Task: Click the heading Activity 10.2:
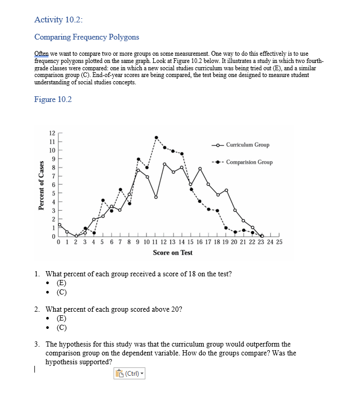pyautogui.click(x=58, y=20)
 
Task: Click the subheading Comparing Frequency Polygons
pyautogui.click(x=86, y=37)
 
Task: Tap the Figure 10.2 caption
pyautogui.click(x=53, y=99)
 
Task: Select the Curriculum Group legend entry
pyautogui.click(x=247, y=145)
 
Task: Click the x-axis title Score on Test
pyautogui.click(x=172, y=252)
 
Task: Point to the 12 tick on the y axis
pyautogui.click(x=52, y=132)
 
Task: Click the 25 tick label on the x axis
pyautogui.click(x=279, y=242)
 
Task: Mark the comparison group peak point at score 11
pyautogui.click(x=156, y=138)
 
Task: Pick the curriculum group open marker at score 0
pyautogui.click(x=59, y=225)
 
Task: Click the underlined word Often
pyautogui.click(x=41, y=54)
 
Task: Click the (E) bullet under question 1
pyautogui.click(x=61, y=283)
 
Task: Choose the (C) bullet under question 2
pyautogui.click(x=61, y=327)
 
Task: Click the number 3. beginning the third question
pyautogui.click(x=38, y=344)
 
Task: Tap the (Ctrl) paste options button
pyautogui.click(x=129, y=373)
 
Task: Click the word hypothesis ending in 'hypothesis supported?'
pyautogui.click(x=61, y=362)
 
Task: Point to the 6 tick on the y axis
pyautogui.click(x=53, y=184)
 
